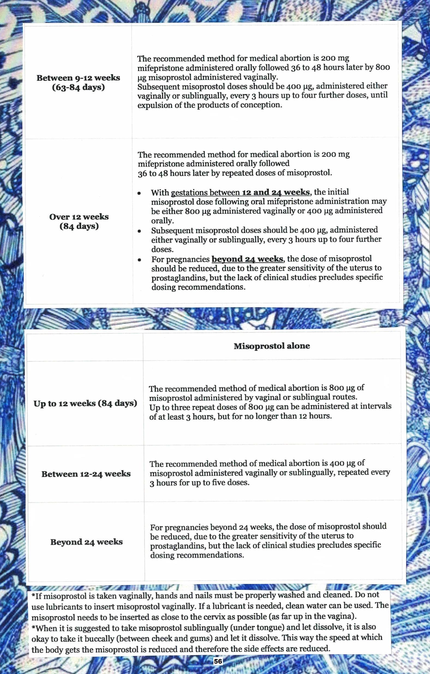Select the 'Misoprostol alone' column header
click(x=272, y=346)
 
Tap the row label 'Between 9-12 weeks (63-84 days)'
click(x=78, y=83)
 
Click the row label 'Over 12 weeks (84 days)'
click(x=79, y=221)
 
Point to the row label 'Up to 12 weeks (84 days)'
click(x=85, y=403)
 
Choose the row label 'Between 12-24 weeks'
click(x=86, y=474)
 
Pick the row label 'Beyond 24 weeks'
click(x=86, y=542)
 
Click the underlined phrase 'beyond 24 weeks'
click(x=247, y=259)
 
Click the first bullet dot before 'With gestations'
click(x=139, y=193)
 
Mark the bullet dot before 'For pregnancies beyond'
click(x=139, y=260)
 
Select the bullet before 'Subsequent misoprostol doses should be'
click(x=139, y=231)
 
